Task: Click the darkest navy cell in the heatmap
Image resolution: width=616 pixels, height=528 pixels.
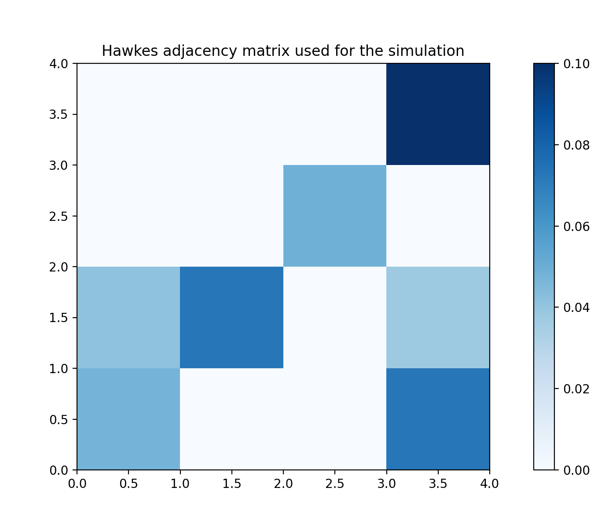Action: (438, 114)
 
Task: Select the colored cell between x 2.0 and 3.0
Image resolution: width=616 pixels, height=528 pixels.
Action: (335, 216)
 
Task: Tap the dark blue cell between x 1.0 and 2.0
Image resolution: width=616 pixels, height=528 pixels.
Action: (231, 317)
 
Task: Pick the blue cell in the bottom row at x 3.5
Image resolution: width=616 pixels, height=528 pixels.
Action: (438, 419)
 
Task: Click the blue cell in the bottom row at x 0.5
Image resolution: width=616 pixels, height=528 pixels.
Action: (128, 419)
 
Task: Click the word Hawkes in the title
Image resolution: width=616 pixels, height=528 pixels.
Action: (130, 51)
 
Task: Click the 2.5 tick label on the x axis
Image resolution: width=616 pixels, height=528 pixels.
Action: (335, 484)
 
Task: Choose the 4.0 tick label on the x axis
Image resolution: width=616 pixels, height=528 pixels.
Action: (489, 484)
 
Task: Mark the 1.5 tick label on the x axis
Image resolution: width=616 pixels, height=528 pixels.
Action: (231, 484)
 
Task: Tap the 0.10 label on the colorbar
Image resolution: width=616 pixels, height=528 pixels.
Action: (576, 64)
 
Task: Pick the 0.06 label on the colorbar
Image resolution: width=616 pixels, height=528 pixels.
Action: (576, 227)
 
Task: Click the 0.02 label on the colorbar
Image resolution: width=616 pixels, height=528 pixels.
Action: (576, 389)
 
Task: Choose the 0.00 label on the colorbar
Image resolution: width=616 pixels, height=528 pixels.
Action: (576, 470)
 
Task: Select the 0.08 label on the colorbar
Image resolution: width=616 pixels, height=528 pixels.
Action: (576, 145)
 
